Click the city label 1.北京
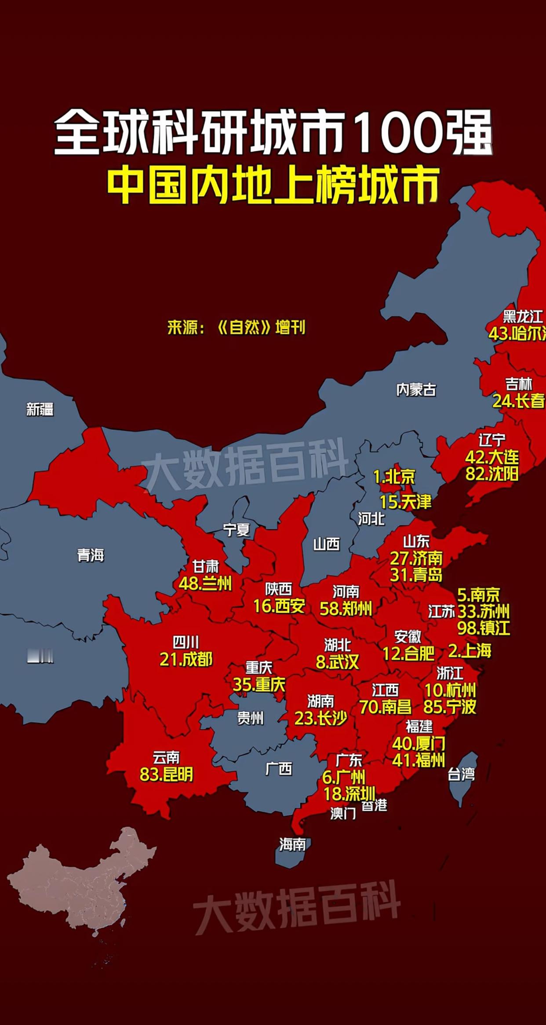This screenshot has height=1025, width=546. pyautogui.click(x=394, y=476)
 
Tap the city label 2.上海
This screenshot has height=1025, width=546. pyautogui.click(x=470, y=651)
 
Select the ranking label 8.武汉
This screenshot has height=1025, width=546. pyautogui.click(x=338, y=662)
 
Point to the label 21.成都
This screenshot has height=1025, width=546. pyautogui.click(x=186, y=659)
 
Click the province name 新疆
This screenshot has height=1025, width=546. pyautogui.click(x=40, y=410)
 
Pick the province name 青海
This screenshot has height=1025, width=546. pyautogui.click(x=91, y=556)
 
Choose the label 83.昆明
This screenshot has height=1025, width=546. pyautogui.click(x=166, y=774)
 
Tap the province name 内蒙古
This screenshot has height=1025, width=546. pyautogui.click(x=416, y=390)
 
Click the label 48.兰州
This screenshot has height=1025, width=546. pyautogui.click(x=205, y=584)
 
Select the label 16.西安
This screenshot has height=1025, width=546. pyautogui.click(x=279, y=607)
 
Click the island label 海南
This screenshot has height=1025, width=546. pyautogui.click(x=292, y=844)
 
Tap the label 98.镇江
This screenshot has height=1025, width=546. pyautogui.click(x=484, y=628)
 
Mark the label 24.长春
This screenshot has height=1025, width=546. pyautogui.click(x=518, y=401)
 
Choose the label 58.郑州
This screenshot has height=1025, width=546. pyautogui.click(x=346, y=609)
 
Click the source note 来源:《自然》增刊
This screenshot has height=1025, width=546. pyautogui.click(x=237, y=328)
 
